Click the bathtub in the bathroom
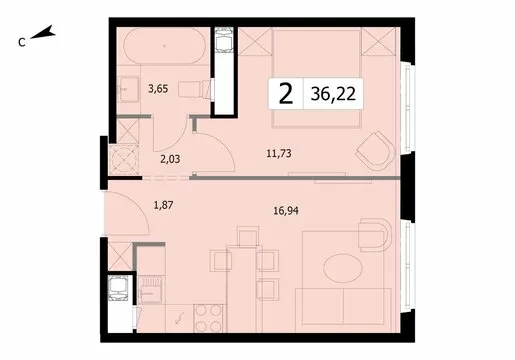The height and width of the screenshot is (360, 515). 164,46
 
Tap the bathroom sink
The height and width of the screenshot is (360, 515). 129,89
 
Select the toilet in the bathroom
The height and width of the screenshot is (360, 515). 195,89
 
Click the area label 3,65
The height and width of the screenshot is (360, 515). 158,89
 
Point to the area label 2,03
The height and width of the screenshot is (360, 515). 170,159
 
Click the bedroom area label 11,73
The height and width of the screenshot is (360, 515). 279,154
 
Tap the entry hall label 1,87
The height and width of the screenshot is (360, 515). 163,205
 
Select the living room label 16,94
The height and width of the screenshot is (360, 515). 286,211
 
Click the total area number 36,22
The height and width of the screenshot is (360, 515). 333,94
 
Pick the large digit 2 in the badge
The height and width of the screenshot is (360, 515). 286,94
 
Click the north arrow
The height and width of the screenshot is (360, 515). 43,33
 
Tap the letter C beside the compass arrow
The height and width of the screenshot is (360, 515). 22,42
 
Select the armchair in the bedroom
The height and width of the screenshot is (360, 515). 375,149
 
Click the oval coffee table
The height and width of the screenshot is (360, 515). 343,268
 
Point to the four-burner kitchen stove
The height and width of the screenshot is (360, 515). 208,318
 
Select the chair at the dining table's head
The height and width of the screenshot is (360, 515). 249,237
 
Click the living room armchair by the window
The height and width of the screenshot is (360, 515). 375,235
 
